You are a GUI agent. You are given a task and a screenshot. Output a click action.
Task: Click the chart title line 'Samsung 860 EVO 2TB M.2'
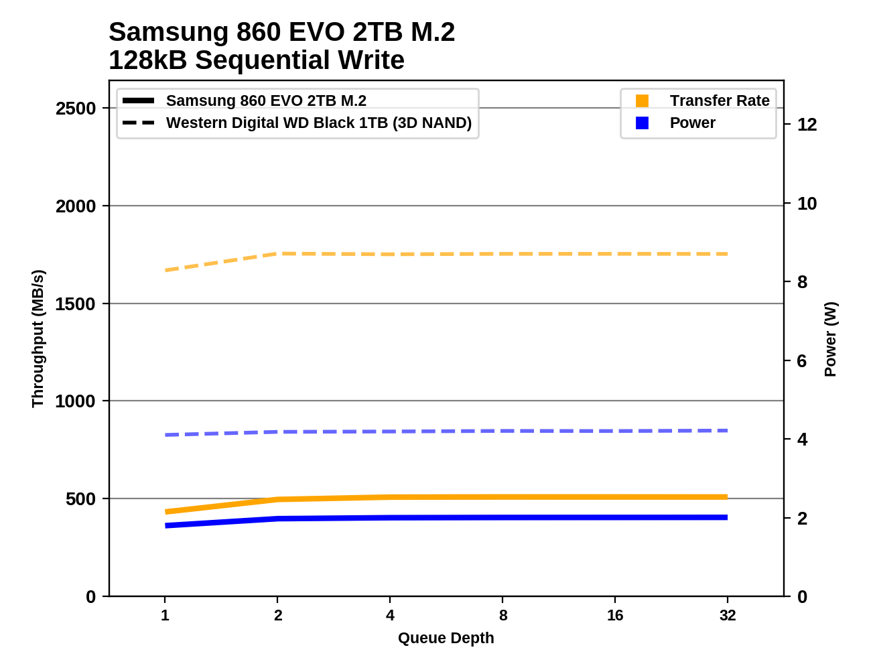(x=281, y=32)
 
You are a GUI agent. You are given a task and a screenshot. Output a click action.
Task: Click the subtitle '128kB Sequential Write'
(x=257, y=60)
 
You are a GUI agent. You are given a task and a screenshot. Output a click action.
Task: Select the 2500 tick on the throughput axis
(x=76, y=109)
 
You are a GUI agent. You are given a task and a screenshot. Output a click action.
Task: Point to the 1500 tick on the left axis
(x=76, y=304)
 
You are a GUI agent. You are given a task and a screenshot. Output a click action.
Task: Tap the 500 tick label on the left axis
(x=80, y=499)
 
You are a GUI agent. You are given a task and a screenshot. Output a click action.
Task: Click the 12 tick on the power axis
(x=807, y=125)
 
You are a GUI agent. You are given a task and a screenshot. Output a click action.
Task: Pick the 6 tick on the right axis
(x=802, y=361)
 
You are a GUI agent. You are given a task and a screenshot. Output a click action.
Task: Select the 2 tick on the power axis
(x=802, y=519)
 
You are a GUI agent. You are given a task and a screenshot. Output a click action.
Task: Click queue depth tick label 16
(x=615, y=615)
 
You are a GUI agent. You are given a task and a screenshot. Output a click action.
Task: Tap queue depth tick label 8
(x=503, y=615)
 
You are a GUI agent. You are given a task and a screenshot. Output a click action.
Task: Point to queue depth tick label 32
(x=728, y=615)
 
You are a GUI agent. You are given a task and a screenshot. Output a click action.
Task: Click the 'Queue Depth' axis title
(x=446, y=639)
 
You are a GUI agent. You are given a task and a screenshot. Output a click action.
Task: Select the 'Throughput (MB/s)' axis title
(x=38, y=338)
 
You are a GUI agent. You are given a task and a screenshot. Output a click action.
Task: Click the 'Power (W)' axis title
(x=831, y=339)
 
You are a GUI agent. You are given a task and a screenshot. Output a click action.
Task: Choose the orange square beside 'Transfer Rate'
(x=642, y=100)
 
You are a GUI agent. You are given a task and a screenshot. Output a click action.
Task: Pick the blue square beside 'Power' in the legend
(x=642, y=123)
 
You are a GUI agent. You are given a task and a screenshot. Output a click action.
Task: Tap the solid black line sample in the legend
(x=139, y=100)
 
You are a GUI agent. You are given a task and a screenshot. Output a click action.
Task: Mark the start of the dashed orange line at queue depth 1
(x=165, y=271)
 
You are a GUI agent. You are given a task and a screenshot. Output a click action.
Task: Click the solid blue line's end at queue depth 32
(x=727, y=517)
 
